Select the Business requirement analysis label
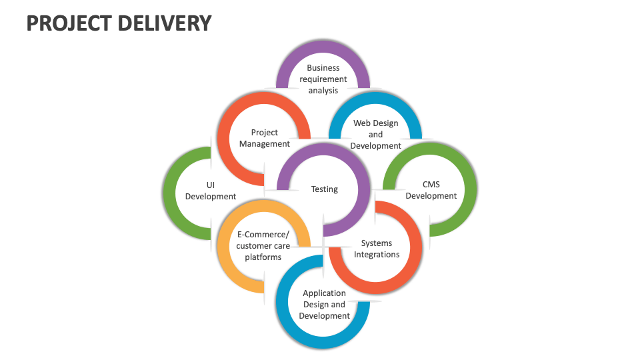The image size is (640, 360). pos(323,79)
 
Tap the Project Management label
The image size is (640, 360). pos(265,138)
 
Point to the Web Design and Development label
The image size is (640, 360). pos(376,134)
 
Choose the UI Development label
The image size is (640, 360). pos(211,191)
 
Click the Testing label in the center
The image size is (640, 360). pos(325,189)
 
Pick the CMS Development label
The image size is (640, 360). pos(431,190)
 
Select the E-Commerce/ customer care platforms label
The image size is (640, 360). pos(263,245)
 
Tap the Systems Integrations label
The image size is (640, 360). pos(377,249)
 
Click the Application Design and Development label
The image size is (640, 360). pos(325,304)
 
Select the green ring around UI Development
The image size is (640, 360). pos(171,193)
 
